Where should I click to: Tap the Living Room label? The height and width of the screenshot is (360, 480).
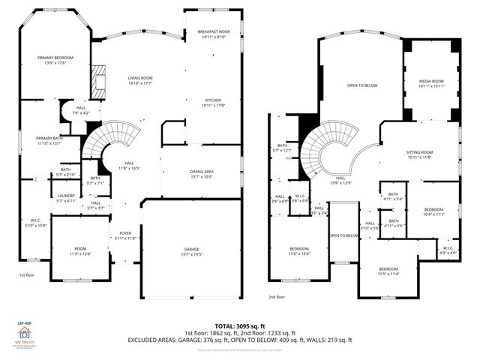[x=139, y=80]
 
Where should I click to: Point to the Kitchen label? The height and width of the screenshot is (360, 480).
[x=213, y=103]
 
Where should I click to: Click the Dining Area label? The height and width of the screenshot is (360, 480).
[x=202, y=174]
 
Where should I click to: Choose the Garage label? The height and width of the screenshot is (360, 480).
[x=192, y=251]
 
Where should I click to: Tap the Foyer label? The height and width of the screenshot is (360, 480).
[x=125, y=235]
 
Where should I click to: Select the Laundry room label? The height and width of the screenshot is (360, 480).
[x=66, y=199]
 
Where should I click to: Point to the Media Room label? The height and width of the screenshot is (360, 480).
[x=431, y=83]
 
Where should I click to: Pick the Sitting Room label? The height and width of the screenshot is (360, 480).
[x=420, y=154]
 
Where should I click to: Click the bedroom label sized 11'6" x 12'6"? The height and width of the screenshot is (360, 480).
[x=299, y=251]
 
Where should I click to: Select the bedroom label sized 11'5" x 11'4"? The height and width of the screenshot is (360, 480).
[x=388, y=271]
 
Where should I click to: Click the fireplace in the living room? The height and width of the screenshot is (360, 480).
[x=97, y=80]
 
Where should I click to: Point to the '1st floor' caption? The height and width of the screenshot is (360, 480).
[x=28, y=276]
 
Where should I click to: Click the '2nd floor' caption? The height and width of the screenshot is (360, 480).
[x=277, y=297]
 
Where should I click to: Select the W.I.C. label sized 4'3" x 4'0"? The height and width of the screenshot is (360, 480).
[x=448, y=250]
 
